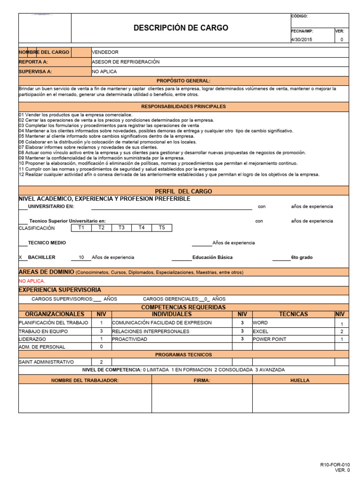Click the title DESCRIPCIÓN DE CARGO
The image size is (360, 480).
point(181,28)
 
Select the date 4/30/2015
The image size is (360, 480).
point(301,40)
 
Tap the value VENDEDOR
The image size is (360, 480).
point(105,52)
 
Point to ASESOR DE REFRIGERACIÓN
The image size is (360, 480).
point(126,62)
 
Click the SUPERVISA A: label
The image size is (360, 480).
point(35,72)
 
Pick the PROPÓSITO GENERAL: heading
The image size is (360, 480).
point(183,81)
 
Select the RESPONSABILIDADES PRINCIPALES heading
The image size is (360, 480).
point(183,106)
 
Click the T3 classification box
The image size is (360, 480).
point(121,228)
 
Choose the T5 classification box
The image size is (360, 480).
point(162,228)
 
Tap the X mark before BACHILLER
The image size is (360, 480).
point(20,257)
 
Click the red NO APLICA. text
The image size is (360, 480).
point(32,281)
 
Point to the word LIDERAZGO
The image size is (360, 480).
point(32,339)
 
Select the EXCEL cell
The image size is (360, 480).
point(261,331)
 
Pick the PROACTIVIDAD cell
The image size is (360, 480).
point(130,339)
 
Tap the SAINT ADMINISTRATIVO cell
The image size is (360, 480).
point(46,362)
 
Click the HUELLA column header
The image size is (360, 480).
point(300,380)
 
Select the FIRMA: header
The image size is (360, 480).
point(202,380)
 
